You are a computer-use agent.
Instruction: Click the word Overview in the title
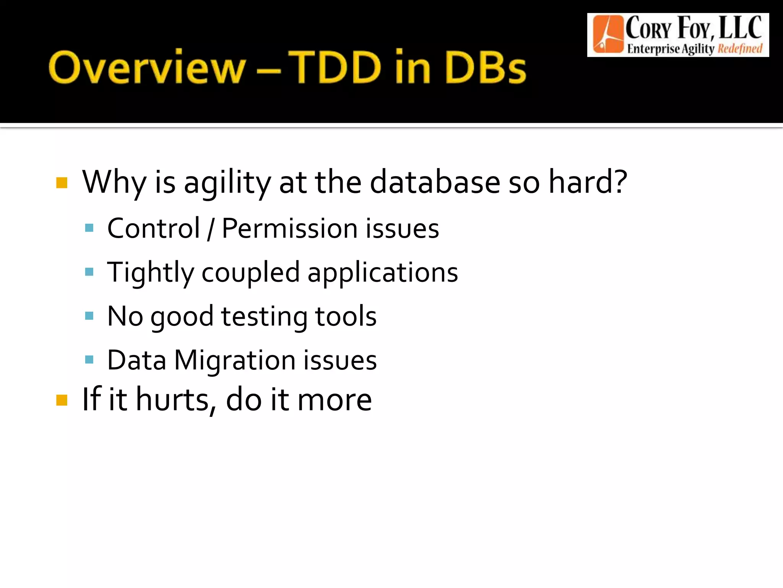(x=147, y=67)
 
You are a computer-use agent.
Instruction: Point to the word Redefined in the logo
(x=740, y=49)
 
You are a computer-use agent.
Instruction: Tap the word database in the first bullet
(x=435, y=182)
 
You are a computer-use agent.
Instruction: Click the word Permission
(x=289, y=229)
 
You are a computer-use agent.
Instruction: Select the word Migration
(x=235, y=361)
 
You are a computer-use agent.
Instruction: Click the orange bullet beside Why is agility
(x=62, y=183)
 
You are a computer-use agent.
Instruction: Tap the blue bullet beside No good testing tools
(x=89, y=316)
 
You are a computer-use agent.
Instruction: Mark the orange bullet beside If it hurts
(x=62, y=400)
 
